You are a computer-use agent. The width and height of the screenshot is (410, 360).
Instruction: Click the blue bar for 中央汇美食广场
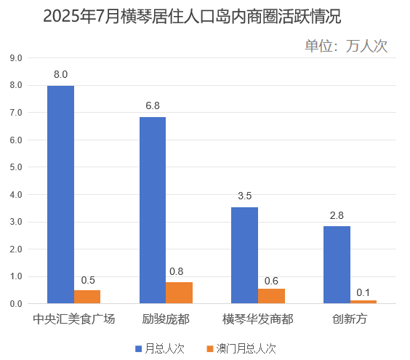click(x=60, y=194)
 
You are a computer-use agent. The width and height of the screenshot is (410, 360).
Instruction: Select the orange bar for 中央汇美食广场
click(x=87, y=297)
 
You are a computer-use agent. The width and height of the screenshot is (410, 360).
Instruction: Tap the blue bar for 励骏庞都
click(x=153, y=210)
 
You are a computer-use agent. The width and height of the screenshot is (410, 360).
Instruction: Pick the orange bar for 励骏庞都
click(x=179, y=292)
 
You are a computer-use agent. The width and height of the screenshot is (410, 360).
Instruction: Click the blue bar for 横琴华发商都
click(x=244, y=255)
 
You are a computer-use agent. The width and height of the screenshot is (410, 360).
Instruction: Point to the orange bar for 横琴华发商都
click(x=271, y=295)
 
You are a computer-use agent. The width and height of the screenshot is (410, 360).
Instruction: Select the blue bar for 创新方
click(x=337, y=265)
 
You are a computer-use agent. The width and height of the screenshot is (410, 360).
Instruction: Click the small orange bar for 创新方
click(x=363, y=301)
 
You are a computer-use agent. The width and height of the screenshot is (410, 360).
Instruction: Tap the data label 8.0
click(x=61, y=75)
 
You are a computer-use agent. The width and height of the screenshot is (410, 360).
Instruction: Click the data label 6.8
click(x=153, y=106)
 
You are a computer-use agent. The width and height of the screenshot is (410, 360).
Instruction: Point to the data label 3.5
click(x=245, y=196)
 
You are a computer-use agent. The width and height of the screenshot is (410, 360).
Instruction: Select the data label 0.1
click(x=363, y=292)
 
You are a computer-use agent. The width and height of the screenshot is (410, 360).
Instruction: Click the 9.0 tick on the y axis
click(x=16, y=58)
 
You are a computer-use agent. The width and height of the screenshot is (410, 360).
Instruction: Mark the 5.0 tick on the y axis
click(x=16, y=167)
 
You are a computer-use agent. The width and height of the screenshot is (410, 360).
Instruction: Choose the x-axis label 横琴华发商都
click(x=258, y=319)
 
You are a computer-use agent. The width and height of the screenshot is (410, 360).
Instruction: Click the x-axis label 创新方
click(x=350, y=319)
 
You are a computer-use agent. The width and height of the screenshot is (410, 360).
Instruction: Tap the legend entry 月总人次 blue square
click(x=139, y=348)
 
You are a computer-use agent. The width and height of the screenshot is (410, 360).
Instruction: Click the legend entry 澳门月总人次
click(x=241, y=348)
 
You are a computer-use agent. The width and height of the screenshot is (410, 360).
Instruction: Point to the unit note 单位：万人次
click(x=345, y=46)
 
